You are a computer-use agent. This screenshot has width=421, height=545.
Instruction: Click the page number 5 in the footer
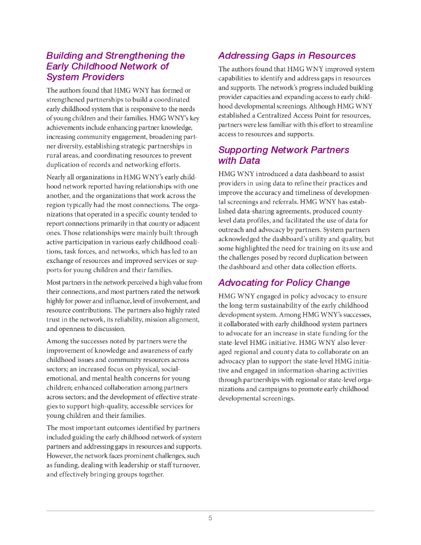[210, 518]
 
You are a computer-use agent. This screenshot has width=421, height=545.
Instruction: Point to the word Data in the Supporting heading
[249, 161]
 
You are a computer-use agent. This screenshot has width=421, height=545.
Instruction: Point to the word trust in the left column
[54, 319]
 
